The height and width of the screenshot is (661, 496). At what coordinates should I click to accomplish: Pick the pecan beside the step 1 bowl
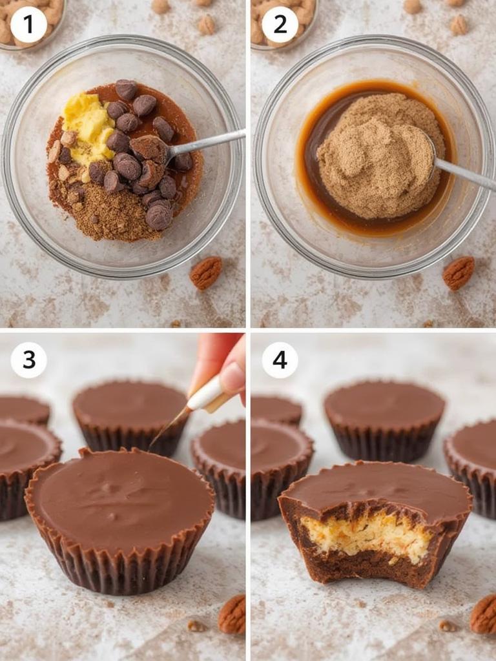(206, 272)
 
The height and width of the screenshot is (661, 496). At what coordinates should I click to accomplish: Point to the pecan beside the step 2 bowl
(458, 272)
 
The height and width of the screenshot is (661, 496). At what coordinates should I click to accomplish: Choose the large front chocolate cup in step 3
(119, 510)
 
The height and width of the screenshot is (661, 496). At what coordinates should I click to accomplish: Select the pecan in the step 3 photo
(232, 615)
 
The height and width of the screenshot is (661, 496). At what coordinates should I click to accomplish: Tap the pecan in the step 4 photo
(484, 615)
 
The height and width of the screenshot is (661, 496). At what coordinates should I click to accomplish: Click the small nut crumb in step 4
(447, 625)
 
